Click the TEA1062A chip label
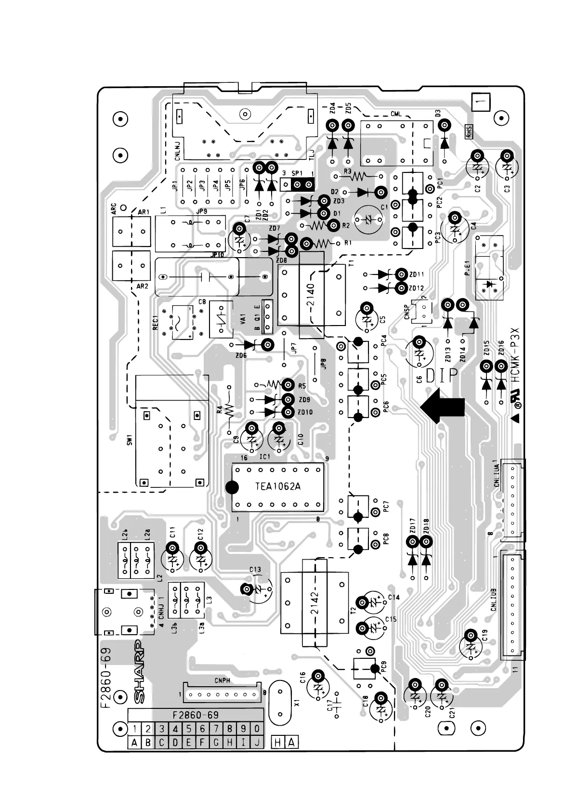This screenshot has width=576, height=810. coord(277,486)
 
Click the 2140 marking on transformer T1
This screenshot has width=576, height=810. coord(310,297)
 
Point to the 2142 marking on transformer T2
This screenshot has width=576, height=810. coord(314,604)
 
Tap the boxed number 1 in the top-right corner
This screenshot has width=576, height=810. coord(481,102)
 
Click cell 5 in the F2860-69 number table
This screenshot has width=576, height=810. coord(189,729)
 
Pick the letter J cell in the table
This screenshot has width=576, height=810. coord(258,743)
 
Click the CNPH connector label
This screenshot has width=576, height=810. coord(222,680)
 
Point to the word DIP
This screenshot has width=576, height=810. coord(442,375)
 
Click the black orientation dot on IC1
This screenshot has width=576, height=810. coord(232,487)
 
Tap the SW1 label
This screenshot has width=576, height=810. coord(130,439)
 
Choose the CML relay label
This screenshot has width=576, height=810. coord(396,114)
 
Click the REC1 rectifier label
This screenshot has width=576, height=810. coord(155,323)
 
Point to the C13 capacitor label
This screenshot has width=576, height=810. coord(255,570)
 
